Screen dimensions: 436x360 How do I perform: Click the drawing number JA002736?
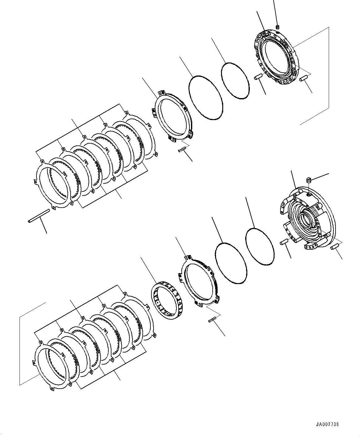[x=327, y=425]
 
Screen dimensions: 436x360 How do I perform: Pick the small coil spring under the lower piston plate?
[x=212, y=321]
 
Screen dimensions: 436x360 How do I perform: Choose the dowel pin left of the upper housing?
[x=258, y=77]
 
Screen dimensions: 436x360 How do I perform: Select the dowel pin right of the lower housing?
[x=334, y=247]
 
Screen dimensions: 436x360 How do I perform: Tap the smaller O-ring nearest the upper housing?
[x=235, y=81]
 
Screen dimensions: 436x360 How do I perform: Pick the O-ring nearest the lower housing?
[x=260, y=247]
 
